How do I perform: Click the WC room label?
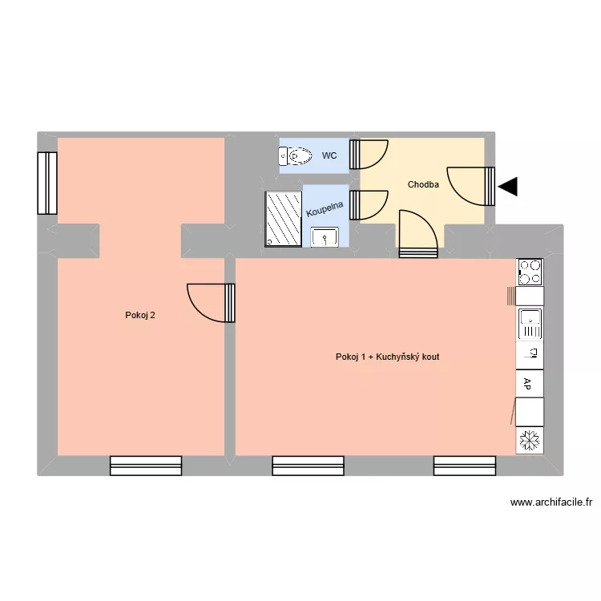329,155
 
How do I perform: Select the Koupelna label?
325,209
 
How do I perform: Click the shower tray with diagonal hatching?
283,218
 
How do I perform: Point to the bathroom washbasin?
325,236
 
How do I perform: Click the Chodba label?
423,185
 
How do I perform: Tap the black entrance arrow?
508,188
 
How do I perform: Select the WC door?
369,154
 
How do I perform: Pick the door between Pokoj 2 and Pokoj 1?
212,302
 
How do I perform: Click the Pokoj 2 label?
140,315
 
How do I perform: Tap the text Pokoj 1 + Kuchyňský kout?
387,357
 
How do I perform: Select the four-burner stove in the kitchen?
530,272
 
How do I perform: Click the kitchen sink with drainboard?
530,324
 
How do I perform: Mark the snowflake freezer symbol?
529,440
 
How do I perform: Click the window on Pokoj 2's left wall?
47,183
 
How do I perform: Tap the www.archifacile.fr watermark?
551,503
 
